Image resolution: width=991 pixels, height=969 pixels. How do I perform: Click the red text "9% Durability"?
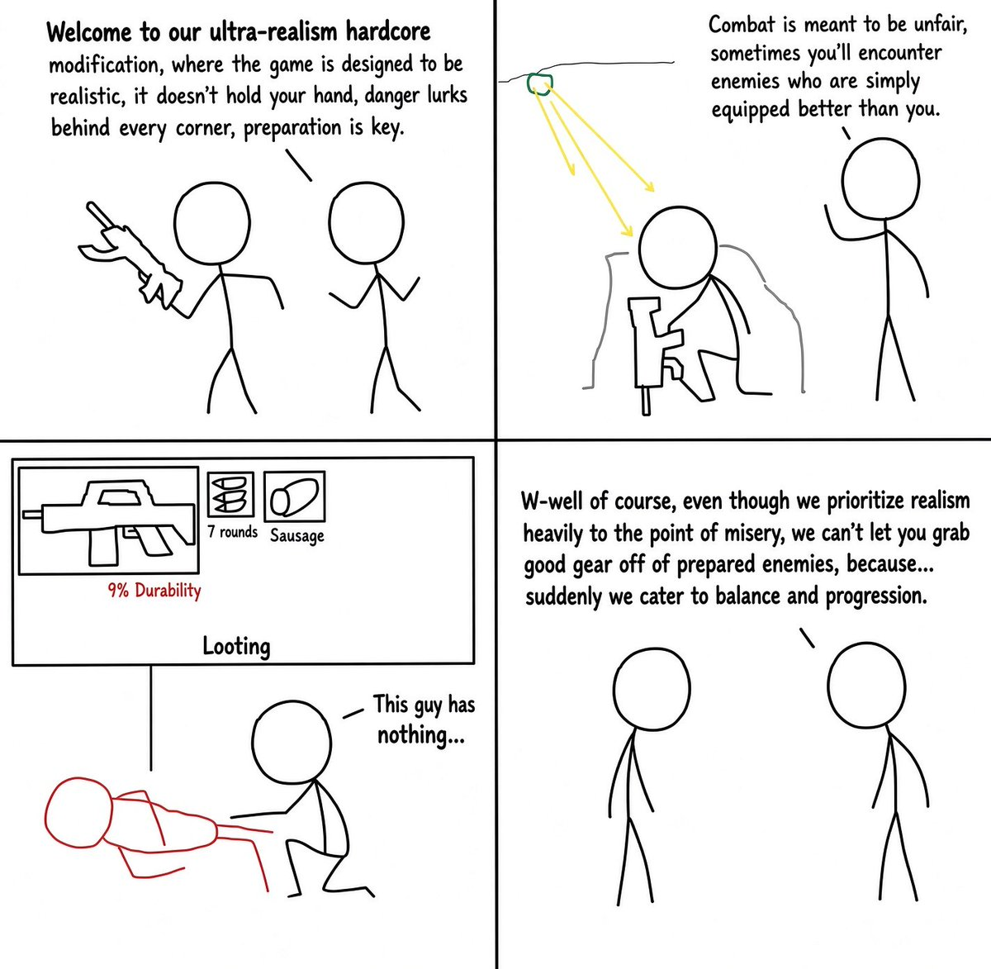click(x=154, y=591)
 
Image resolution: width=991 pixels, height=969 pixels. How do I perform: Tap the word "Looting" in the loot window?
click(x=236, y=647)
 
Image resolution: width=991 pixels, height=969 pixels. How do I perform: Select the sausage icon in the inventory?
click(x=294, y=496)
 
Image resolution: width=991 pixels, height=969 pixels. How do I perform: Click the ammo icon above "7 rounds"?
click(x=230, y=494)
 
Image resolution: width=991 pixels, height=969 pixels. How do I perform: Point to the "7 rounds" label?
click(x=232, y=532)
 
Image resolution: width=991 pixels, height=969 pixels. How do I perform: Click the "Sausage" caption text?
click(x=297, y=536)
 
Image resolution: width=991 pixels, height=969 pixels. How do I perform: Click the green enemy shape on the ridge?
click(x=539, y=84)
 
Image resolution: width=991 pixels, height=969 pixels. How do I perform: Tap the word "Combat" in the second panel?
click(x=744, y=25)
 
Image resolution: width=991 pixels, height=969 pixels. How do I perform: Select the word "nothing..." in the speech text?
click(x=420, y=735)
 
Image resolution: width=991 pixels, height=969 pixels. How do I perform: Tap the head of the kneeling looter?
click(x=292, y=743)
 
